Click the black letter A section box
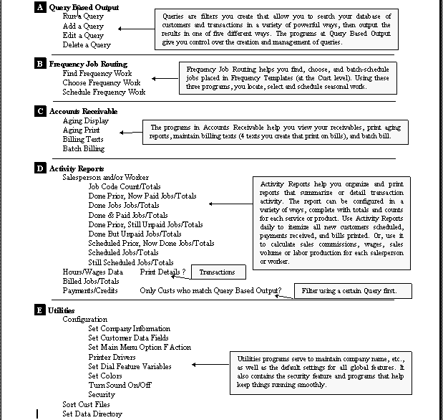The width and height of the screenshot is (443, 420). tap(40, 7)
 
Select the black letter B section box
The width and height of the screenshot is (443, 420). tap(40, 64)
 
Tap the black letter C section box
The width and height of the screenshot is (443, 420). tap(40, 111)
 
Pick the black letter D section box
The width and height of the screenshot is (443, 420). tap(40, 168)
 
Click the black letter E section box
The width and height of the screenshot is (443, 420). tap(40, 310)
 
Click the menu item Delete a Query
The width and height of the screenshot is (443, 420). tap(87, 45)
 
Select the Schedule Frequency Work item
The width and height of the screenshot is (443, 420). tap(104, 92)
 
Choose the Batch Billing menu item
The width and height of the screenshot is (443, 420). tap(84, 148)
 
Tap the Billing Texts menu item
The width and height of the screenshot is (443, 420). tap(83, 139)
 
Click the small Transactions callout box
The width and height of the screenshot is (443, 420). tap(217, 272)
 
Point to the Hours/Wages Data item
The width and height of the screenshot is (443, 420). tap(92, 272)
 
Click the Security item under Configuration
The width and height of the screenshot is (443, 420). tap(102, 394)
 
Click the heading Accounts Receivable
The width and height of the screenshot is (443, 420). tap(83, 111)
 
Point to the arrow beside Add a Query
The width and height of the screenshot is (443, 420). tap(129, 29)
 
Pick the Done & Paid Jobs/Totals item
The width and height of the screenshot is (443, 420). tap(128, 215)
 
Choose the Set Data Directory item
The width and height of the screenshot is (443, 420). tap(92, 414)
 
